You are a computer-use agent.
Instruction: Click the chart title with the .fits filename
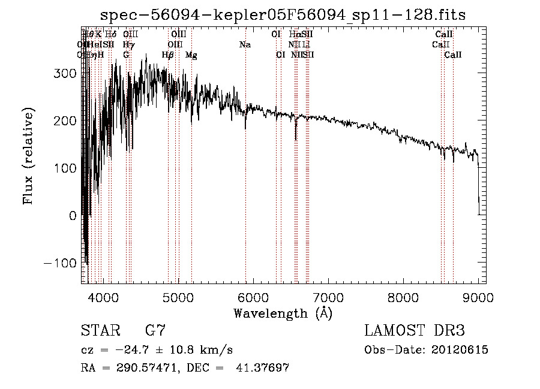(x=283, y=15)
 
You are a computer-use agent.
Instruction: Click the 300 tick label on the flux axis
(x=65, y=73)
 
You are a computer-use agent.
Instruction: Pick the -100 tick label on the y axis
(x=60, y=263)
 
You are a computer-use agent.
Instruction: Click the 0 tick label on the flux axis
(x=72, y=216)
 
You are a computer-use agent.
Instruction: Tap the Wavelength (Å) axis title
(x=283, y=313)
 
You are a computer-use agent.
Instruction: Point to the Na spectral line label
(x=245, y=45)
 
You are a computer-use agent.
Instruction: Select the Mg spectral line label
(x=191, y=55)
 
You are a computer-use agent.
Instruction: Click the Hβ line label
(x=168, y=55)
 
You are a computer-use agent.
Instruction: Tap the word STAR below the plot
(x=97, y=331)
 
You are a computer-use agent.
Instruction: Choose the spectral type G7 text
(x=155, y=331)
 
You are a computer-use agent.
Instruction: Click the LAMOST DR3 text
(x=415, y=331)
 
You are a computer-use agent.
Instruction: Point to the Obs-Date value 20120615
(x=461, y=350)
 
